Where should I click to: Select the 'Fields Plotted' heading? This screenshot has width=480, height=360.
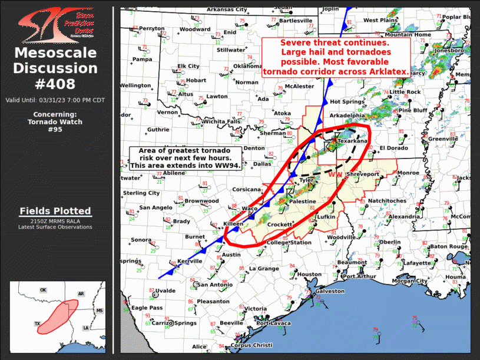point(55,211)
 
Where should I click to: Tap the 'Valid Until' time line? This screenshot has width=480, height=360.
point(55,100)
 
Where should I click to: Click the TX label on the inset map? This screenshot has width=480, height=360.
point(37,324)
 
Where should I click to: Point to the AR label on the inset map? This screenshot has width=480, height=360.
point(81,293)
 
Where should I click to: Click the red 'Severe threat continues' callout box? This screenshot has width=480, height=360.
point(336,57)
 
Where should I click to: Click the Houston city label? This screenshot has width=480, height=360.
point(309,275)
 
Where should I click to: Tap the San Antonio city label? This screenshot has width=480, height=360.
point(215,285)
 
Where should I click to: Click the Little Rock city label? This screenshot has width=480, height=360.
point(405,92)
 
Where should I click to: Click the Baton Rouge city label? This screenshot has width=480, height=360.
point(447,246)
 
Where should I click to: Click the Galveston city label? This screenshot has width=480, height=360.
point(330,291)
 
